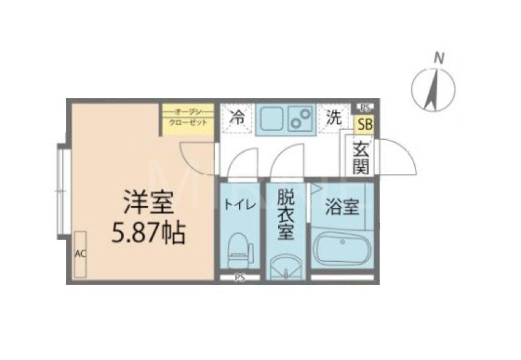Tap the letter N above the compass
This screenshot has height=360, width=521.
pyautogui.click(x=438, y=58)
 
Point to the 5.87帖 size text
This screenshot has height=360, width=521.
pyautogui.click(x=148, y=232)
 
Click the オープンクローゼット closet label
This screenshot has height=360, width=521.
pyautogui.click(x=188, y=117)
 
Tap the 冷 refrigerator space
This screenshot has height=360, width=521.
pyautogui.click(x=237, y=119)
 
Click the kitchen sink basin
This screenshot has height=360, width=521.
pyautogui.click(x=268, y=120)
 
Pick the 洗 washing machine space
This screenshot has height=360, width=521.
pyautogui.click(x=333, y=119)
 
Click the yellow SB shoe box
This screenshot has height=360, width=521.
pyautogui.click(x=365, y=125)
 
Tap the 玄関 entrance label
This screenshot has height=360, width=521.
pyautogui.click(x=361, y=157)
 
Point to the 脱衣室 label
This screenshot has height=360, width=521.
pyautogui.click(x=285, y=215)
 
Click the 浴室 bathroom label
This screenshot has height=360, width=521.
pyautogui.click(x=342, y=207)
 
